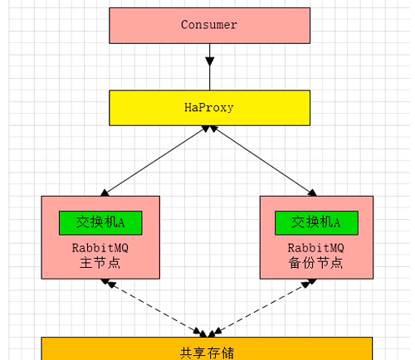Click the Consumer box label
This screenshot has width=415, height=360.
[x=209, y=25]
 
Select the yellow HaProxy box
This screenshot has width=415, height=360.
[x=209, y=108]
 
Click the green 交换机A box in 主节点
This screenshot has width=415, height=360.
[x=100, y=222]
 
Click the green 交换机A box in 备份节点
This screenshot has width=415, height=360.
[x=316, y=222]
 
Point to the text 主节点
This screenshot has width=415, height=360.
[x=100, y=263]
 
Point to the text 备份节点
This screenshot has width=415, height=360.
[x=316, y=263]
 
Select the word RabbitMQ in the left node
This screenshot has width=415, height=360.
[x=100, y=247]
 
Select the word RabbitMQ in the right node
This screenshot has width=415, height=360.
[x=316, y=247]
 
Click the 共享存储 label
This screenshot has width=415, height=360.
[x=207, y=352]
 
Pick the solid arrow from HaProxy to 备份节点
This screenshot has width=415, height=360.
[x=264, y=160]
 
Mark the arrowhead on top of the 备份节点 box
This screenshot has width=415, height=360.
[x=314, y=192]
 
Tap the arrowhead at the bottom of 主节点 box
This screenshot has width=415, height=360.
[x=107, y=283]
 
